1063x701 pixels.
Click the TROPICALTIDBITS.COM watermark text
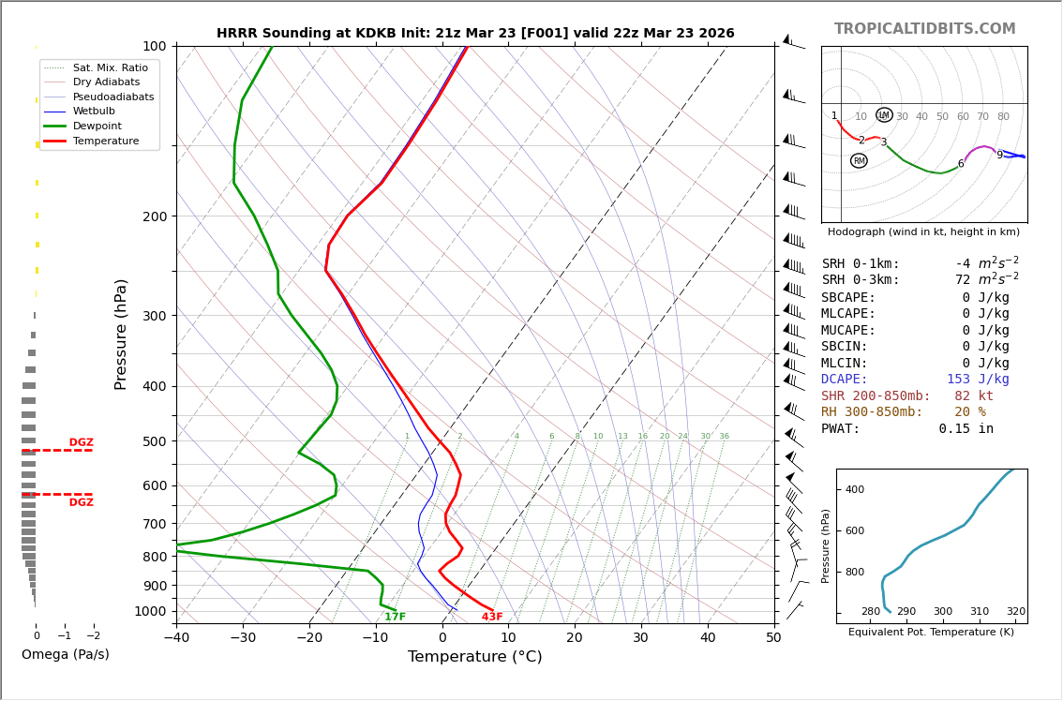pyautogui.click(x=924, y=29)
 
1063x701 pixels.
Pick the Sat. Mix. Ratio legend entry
pyautogui.click(x=110, y=67)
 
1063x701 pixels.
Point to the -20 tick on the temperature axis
pyautogui.click(x=309, y=638)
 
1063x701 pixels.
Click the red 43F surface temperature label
pyautogui.click(x=492, y=617)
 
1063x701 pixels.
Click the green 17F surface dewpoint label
pyautogui.click(x=395, y=617)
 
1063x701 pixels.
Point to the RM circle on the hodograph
pyautogui.click(x=859, y=161)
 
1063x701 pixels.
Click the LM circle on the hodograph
pyautogui.click(x=884, y=115)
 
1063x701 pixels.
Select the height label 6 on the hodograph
pyautogui.click(x=960, y=164)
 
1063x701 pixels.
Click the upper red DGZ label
pyautogui.click(x=81, y=442)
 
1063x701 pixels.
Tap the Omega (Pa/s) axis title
pyautogui.click(x=65, y=654)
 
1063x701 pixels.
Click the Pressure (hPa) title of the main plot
pyautogui.click(x=121, y=334)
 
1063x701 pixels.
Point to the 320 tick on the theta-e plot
pyautogui.click(x=1015, y=612)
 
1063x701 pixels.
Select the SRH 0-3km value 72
pyautogui.click(x=963, y=280)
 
